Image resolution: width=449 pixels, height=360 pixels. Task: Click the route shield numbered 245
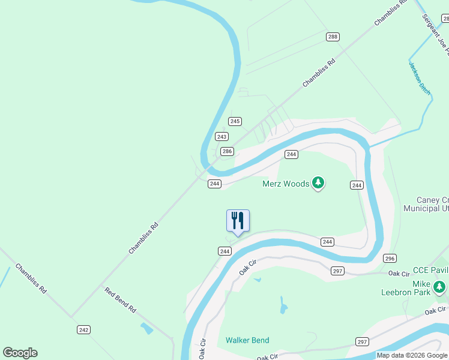[x=235, y=121]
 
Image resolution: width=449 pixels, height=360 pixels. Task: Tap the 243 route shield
[x=222, y=137]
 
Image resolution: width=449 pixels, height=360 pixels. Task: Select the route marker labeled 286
[x=227, y=151]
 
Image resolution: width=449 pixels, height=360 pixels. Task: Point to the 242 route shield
[x=83, y=329]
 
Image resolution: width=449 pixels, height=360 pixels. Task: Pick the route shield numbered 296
[x=390, y=258]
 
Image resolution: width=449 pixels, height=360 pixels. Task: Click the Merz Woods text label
[x=286, y=184]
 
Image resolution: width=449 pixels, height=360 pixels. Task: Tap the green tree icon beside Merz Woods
[x=318, y=183]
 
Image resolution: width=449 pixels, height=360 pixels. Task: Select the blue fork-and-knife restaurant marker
[x=238, y=221]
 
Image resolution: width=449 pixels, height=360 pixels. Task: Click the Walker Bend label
[x=247, y=340]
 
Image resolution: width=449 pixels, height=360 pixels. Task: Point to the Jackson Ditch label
[x=420, y=78]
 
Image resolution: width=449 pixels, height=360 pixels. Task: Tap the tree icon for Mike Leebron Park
[x=441, y=287]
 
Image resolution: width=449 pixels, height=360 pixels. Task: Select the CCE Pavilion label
[x=430, y=271]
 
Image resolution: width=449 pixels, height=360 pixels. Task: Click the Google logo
[x=20, y=353]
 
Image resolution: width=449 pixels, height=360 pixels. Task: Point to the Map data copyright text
[x=412, y=356]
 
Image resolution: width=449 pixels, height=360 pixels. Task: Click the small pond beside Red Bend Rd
[x=146, y=328]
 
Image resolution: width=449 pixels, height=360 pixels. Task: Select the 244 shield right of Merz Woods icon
[x=357, y=185]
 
